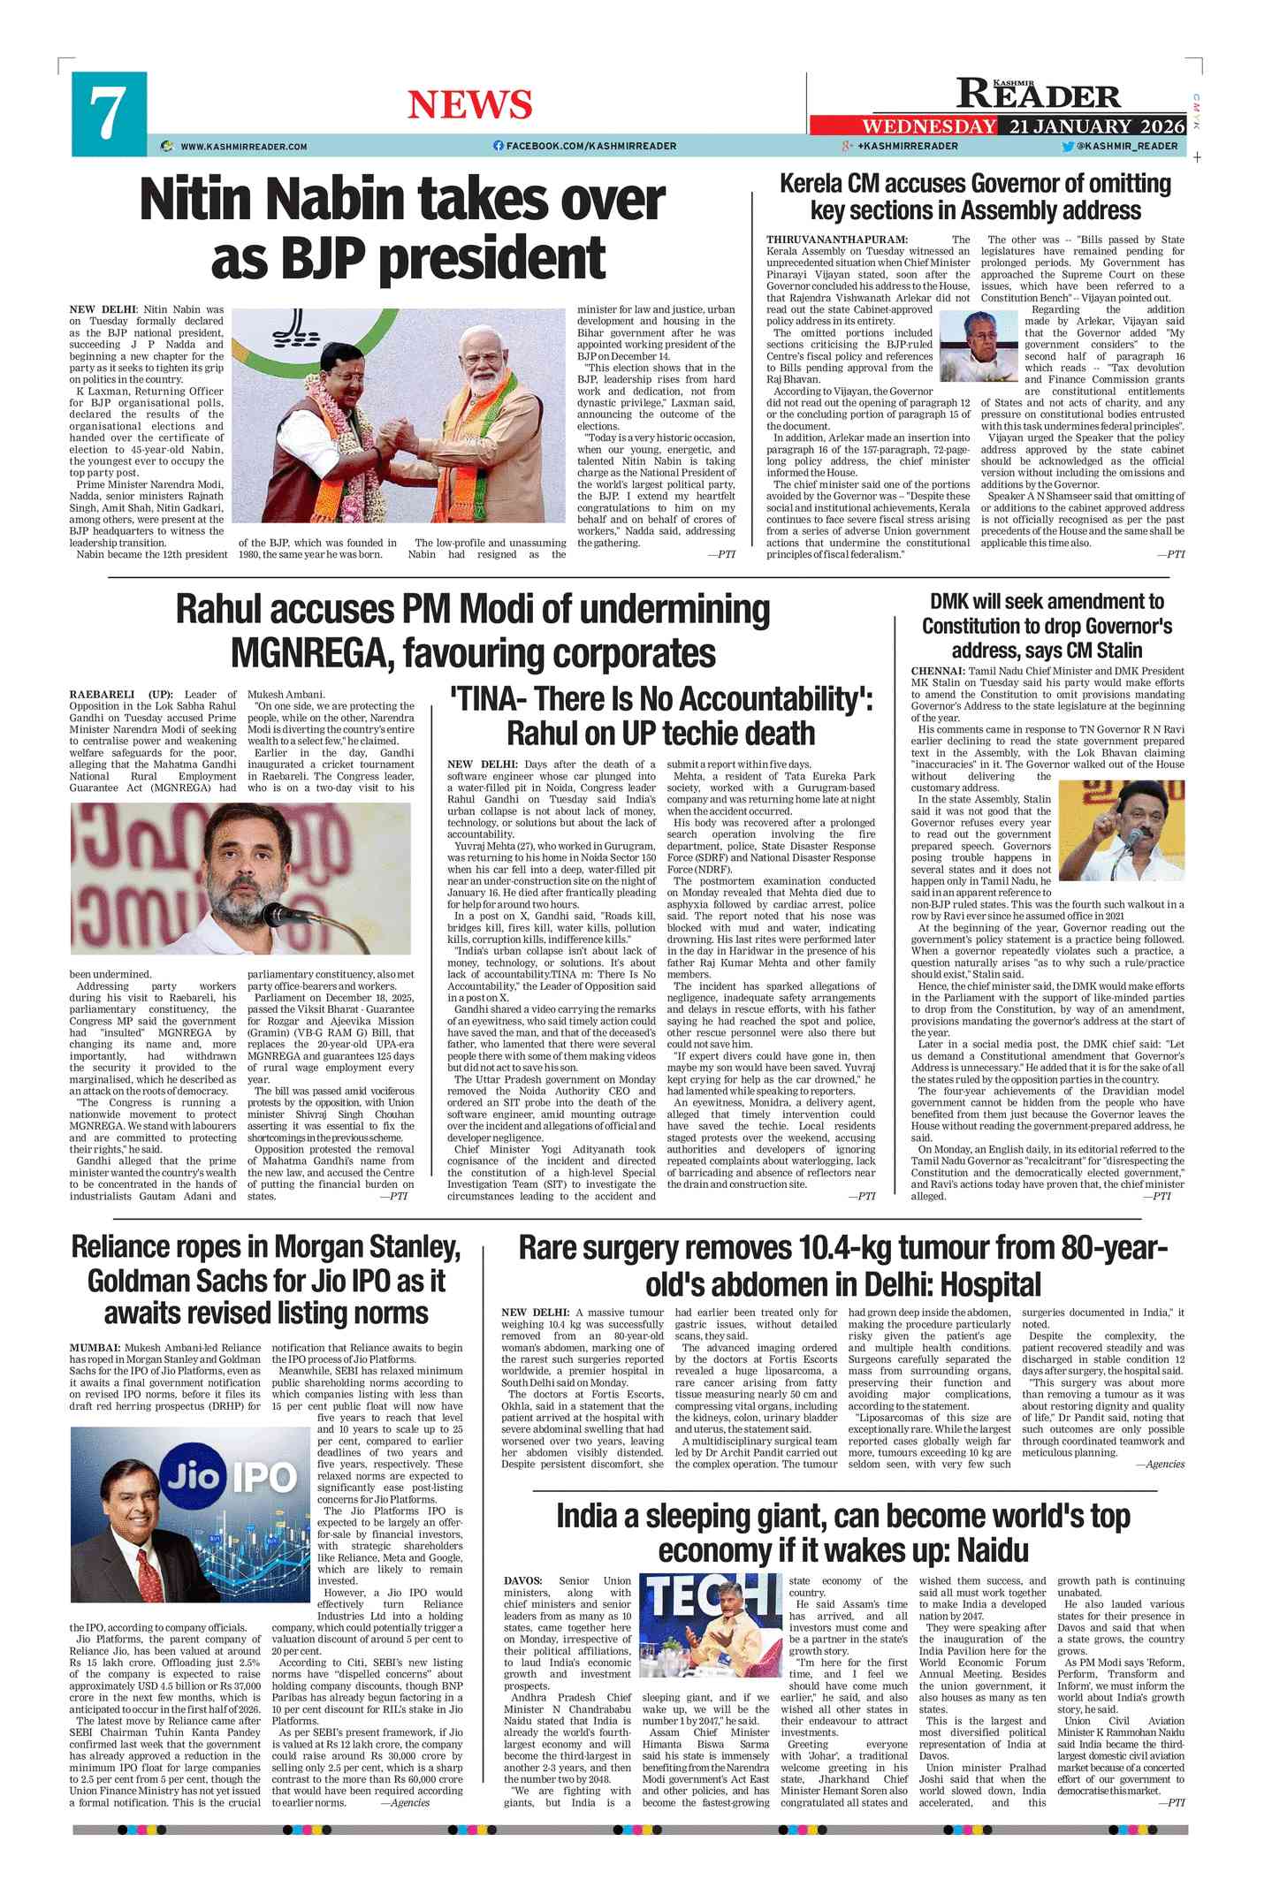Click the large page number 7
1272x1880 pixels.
(x=107, y=114)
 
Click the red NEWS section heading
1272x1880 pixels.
(x=469, y=105)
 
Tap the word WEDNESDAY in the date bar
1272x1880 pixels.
(x=928, y=126)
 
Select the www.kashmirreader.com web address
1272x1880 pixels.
(x=243, y=147)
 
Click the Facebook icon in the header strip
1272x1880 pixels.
(x=499, y=146)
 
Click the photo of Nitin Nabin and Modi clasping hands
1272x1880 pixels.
(x=398, y=415)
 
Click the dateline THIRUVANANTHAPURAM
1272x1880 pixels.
(x=836, y=240)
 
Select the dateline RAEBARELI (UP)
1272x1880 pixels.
(x=121, y=695)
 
